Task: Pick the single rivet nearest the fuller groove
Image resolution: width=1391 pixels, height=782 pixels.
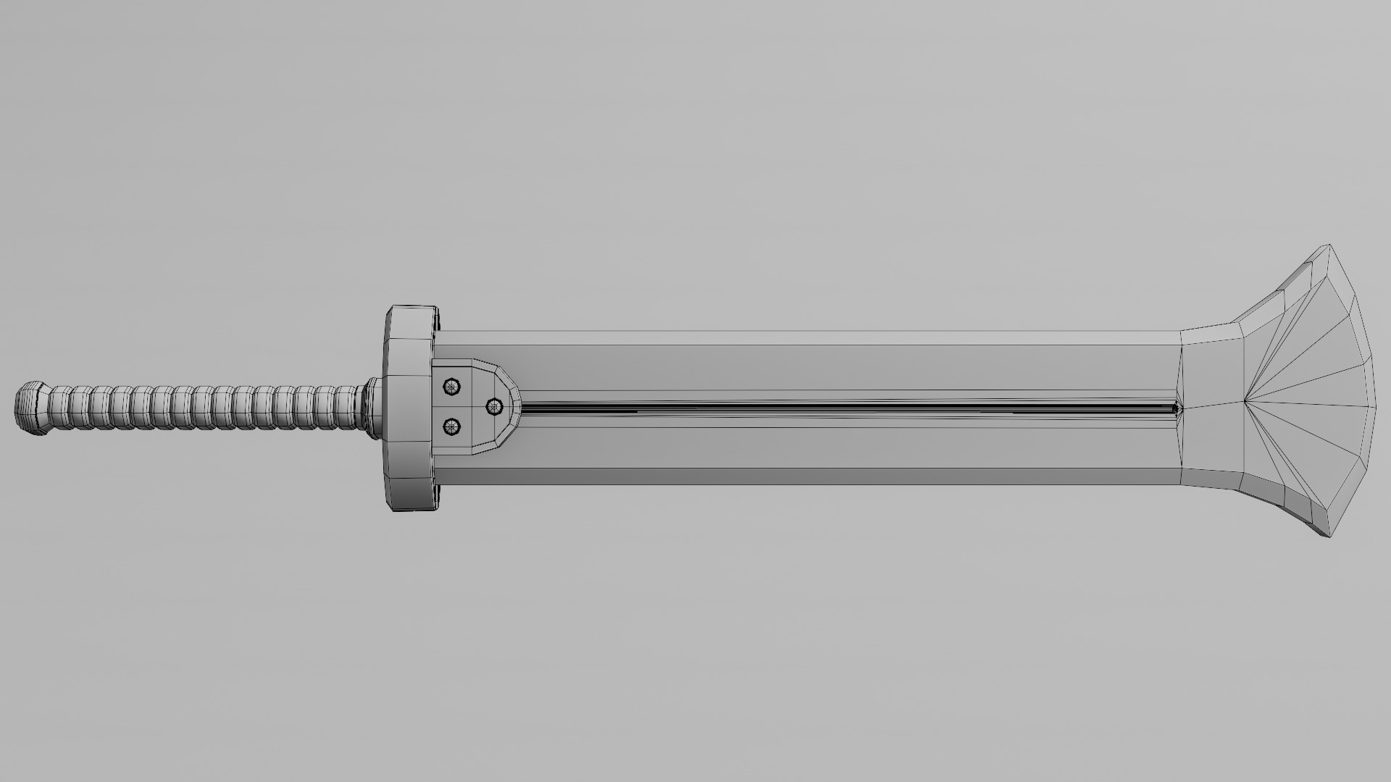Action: tap(494, 406)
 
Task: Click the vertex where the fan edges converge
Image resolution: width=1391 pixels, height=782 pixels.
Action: tap(1243, 400)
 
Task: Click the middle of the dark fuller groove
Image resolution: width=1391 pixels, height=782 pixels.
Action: tap(848, 408)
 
